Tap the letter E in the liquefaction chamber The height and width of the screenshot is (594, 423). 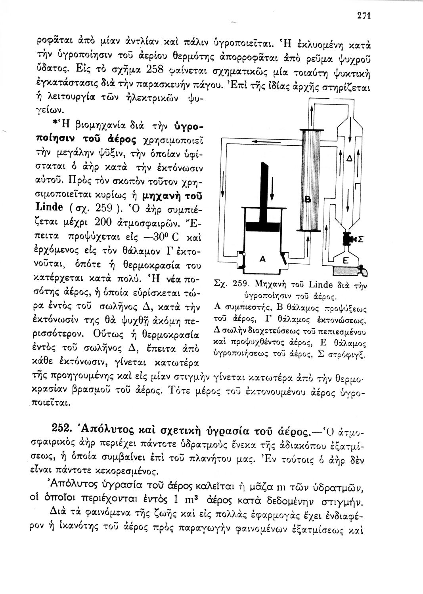click(345, 261)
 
